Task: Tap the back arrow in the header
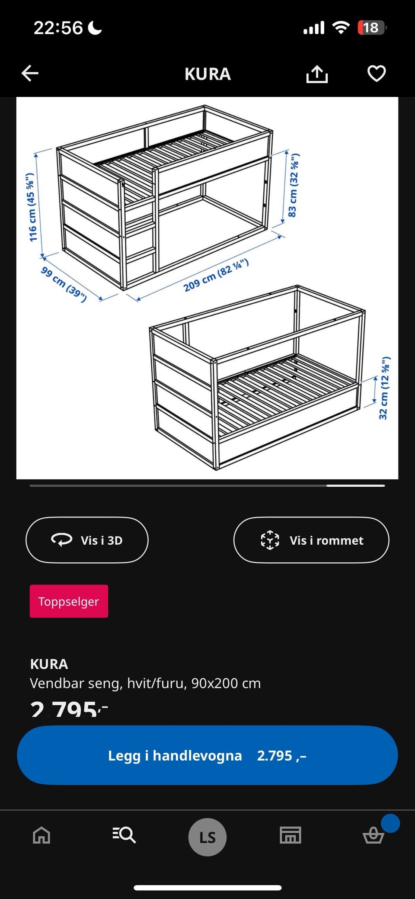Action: [x=30, y=74]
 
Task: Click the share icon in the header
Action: [x=317, y=74]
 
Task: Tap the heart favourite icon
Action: [x=377, y=74]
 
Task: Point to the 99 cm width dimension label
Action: [x=64, y=284]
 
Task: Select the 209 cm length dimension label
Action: [x=216, y=275]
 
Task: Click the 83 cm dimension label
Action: [x=293, y=185]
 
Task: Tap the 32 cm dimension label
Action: [x=384, y=388]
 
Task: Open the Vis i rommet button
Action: [x=311, y=540]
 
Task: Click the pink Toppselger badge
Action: [x=69, y=601]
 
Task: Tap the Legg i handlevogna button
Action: [x=207, y=755]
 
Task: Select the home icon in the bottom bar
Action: [x=41, y=835]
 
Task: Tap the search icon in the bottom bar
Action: [x=124, y=835]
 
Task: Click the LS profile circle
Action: [x=207, y=837]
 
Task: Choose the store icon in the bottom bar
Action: [x=290, y=835]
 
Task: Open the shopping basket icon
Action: [x=373, y=835]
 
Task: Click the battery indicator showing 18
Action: [x=372, y=28]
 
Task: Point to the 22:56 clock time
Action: [x=58, y=28]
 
